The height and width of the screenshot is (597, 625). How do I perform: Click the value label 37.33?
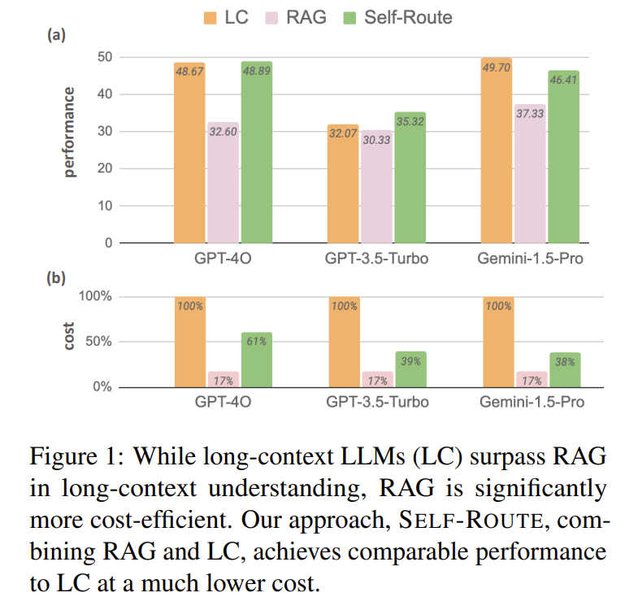pos(531,115)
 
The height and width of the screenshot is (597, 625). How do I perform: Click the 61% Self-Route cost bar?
pos(257,360)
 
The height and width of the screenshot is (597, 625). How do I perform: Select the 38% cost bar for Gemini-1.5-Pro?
pos(562,369)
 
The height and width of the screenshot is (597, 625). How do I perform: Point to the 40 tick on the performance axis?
pos(105,94)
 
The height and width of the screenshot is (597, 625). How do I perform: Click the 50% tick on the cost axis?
pos(98,341)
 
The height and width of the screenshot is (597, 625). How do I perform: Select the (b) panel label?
pos(57,277)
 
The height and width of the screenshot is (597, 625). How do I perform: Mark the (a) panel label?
pos(57,35)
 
